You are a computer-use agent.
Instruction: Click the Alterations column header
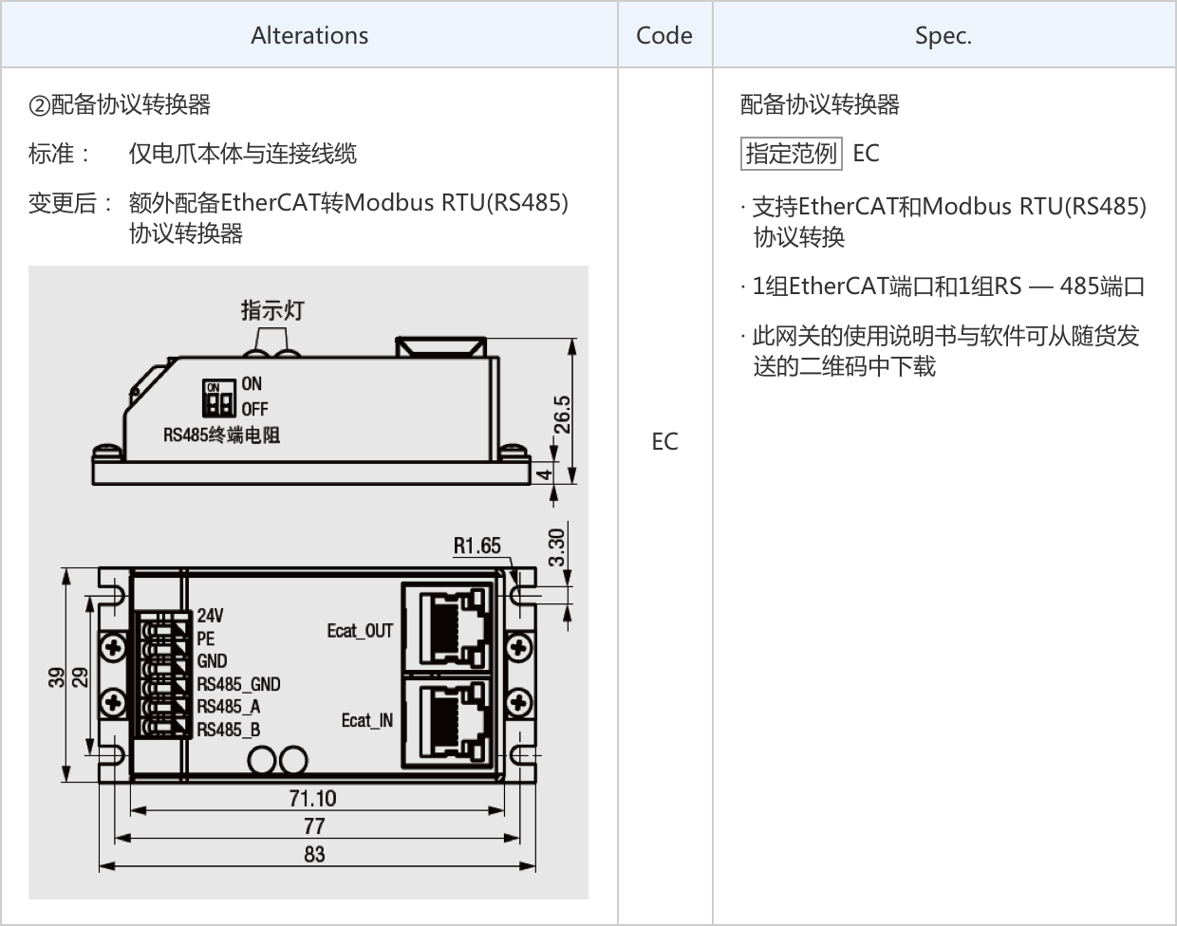click(x=309, y=35)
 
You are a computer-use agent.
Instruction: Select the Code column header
click(x=664, y=35)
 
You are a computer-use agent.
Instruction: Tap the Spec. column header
click(x=943, y=35)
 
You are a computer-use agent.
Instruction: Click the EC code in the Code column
click(x=664, y=441)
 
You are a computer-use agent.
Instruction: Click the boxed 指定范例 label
click(x=791, y=153)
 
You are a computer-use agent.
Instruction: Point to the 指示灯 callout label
click(x=271, y=310)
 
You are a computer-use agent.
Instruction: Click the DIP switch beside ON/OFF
click(x=220, y=399)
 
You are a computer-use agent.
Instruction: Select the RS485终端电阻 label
click(x=221, y=435)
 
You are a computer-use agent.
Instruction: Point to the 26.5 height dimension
click(x=562, y=414)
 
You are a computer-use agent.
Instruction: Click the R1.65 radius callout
click(x=476, y=546)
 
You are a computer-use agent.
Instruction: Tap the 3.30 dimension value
click(x=557, y=547)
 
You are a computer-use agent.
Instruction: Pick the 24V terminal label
click(x=211, y=616)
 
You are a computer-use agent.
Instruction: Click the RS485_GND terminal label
click(x=238, y=684)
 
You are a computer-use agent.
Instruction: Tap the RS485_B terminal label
click(x=228, y=730)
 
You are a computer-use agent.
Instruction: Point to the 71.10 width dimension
click(x=312, y=799)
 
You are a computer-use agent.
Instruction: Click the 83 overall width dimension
click(x=314, y=854)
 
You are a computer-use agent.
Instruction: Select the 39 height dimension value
click(x=57, y=677)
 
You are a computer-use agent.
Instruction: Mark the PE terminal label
click(x=206, y=639)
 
